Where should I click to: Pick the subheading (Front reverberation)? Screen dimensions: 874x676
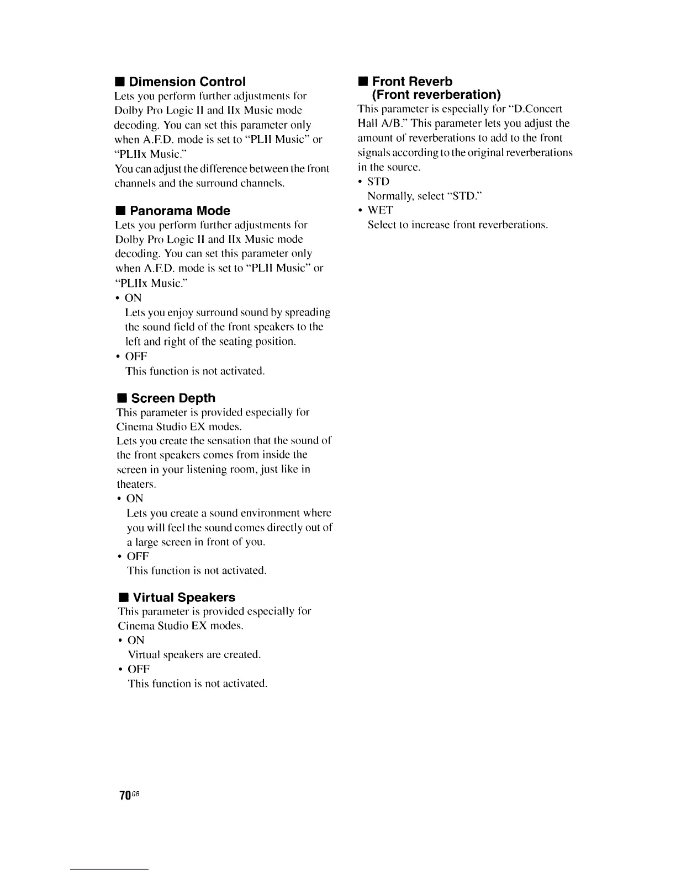436,94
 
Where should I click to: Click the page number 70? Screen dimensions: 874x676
125,795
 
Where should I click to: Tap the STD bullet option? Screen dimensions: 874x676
378,182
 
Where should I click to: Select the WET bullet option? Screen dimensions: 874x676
380,210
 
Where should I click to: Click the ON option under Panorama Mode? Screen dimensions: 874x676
133,298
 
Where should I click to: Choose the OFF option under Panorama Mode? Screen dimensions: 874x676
136,356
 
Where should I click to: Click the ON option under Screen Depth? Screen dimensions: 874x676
135,499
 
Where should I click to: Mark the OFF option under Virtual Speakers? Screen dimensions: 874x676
139,669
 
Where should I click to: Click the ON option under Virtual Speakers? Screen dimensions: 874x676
136,641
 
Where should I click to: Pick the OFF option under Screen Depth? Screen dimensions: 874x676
138,556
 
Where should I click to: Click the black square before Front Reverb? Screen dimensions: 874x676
363,82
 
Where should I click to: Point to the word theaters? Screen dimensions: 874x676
136,484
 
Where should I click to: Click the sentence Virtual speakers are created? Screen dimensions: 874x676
194,655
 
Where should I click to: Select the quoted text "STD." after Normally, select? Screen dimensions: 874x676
467,196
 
